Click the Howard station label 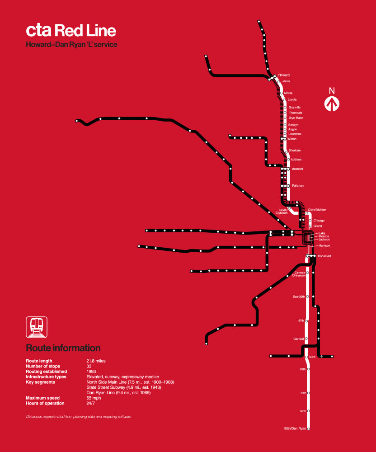pos(284,75)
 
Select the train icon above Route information pos(37,327)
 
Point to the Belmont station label pos(297,169)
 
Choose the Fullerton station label pos(298,186)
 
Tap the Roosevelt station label pos(324,256)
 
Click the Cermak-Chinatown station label pos(300,274)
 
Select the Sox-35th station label pos(299,297)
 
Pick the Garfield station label pos(298,339)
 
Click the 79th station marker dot pos(309,393)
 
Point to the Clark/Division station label pos(317,210)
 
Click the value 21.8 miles pos(96,361)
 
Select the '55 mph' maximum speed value pos(94,398)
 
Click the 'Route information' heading pos(63,348)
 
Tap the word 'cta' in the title pos(39,31)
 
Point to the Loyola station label pos(292,99)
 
